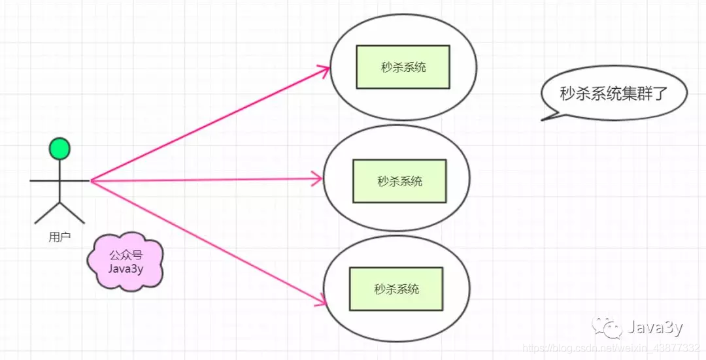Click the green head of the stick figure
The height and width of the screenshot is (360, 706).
59,148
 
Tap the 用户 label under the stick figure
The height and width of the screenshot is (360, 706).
59,237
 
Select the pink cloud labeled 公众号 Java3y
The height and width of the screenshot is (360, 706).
125,261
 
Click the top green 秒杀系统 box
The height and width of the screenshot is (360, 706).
403,67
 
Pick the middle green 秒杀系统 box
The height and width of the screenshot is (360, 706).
399,181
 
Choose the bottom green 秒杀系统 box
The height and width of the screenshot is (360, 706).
396,289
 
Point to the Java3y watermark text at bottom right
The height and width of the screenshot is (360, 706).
656,327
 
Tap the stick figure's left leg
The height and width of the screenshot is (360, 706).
47,213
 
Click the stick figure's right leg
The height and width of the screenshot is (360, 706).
72,213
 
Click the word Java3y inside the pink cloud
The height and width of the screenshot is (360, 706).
125,267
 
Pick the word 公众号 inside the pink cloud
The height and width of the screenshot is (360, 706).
125,254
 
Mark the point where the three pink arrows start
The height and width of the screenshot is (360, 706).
92,180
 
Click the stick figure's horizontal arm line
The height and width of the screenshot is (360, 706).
59,180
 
